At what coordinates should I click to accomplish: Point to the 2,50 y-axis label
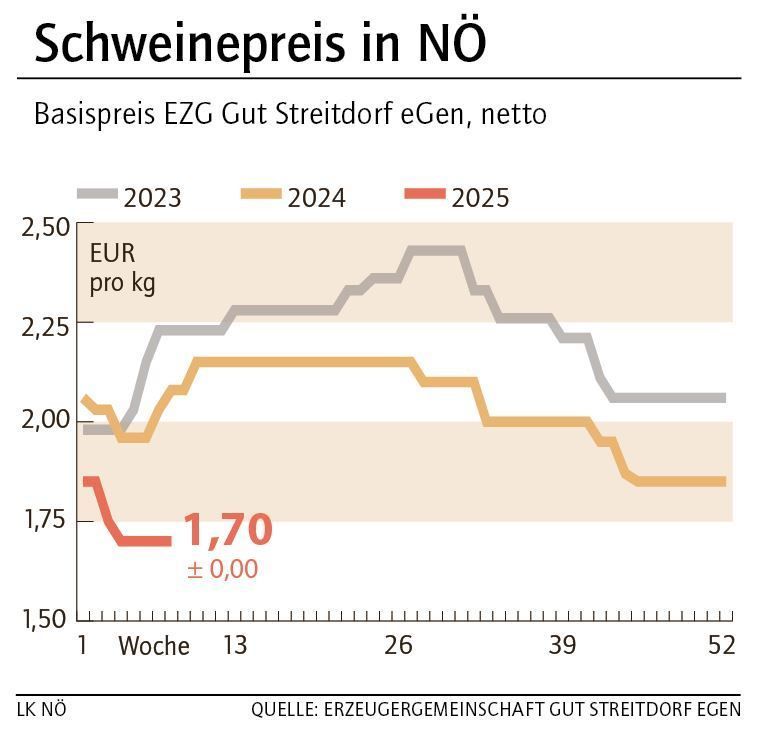(43, 227)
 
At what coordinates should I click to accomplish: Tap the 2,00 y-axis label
(43, 422)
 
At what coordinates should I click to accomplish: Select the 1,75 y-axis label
(43, 520)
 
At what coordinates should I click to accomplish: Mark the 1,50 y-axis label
(43, 618)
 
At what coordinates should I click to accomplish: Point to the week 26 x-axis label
(398, 646)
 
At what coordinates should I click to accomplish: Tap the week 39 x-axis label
(562, 646)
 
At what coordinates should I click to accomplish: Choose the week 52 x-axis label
(721, 646)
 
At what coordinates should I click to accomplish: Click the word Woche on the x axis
(154, 646)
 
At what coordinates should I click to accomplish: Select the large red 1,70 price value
(228, 530)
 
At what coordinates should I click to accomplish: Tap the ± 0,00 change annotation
(222, 570)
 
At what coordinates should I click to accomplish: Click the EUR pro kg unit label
(122, 267)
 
